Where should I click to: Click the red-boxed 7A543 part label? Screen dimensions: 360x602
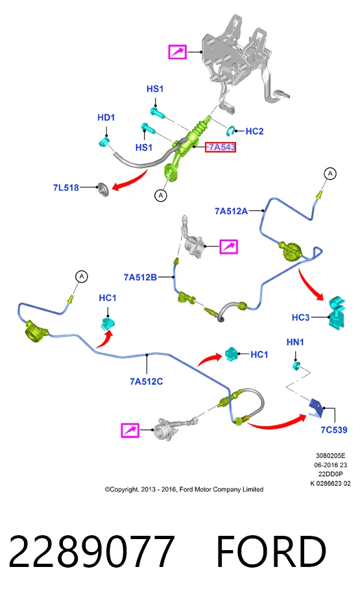[221, 147]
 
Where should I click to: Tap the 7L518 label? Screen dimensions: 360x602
[66, 187]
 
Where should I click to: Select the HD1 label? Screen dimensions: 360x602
[106, 117]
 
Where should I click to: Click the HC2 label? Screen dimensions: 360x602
[254, 131]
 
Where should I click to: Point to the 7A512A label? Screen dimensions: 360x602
[231, 211]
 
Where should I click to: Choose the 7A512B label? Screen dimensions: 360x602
[140, 277]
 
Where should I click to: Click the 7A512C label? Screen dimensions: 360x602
[146, 381]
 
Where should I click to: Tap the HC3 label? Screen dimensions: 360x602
[300, 317]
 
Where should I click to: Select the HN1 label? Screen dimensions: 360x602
[295, 342]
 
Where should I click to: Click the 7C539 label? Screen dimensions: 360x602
[334, 430]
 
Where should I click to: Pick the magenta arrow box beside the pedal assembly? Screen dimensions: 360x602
[178, 52]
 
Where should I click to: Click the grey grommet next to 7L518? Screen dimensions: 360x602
[104, 189]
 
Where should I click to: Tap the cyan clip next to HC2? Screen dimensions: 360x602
[232, 130]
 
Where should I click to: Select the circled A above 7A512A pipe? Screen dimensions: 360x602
[330, 174]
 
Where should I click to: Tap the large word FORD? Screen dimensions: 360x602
[271, 551]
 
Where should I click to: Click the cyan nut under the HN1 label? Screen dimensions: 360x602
[296, 365]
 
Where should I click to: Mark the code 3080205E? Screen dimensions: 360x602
[330, 456]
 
